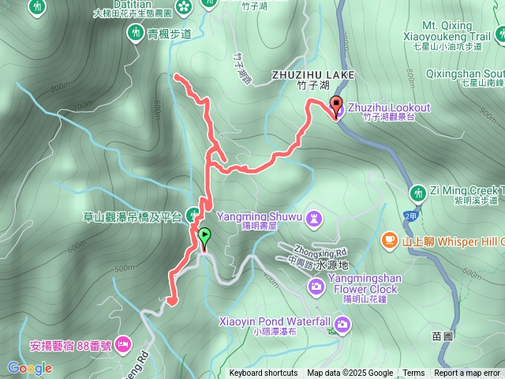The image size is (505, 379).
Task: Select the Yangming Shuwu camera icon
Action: (x=314, y=216)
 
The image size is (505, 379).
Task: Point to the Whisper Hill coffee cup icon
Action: (x=389, y=240)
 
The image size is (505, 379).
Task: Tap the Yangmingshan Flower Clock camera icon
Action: (x=316, y=285)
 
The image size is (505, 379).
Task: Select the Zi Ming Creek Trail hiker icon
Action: (x=417, y=191)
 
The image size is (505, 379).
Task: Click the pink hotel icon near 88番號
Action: (x=122, y=343)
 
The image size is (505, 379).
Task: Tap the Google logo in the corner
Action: (x=29, y=368)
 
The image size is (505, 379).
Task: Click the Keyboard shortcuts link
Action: (x=264, y=373)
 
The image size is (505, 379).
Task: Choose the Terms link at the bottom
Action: (x=413, y=373)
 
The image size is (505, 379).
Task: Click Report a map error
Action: (x=467, y=373)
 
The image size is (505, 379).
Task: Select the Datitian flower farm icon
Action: (x=184, y=7)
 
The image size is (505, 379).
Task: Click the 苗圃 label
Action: (x=443, y=336)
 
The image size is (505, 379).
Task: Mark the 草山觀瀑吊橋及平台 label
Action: (x=133, y=216)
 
